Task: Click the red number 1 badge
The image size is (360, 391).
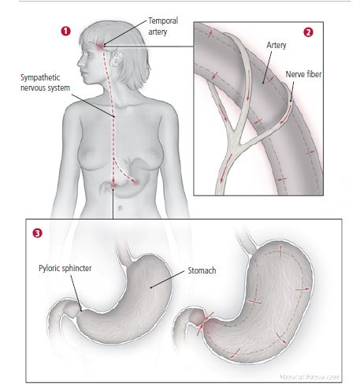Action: (66, 31)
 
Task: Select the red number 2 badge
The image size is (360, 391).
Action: (308, 32)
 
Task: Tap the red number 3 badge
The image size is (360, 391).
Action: (37, 233)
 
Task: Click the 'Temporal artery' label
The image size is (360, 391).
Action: (163, 26)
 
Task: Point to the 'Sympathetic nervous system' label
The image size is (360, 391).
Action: (45, 83)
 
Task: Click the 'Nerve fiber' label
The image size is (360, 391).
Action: (303, 74)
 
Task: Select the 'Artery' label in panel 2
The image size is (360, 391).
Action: (276, 45)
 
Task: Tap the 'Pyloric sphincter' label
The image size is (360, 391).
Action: (65, 268)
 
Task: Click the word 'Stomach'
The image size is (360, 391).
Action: (202, 270)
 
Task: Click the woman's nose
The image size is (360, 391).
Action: (80, 62)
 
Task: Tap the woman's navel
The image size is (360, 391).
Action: (120, 208)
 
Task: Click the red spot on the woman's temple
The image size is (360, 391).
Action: (100, 46)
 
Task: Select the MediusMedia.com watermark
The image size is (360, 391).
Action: (310, 378)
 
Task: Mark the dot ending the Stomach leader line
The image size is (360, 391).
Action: (151, 288)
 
